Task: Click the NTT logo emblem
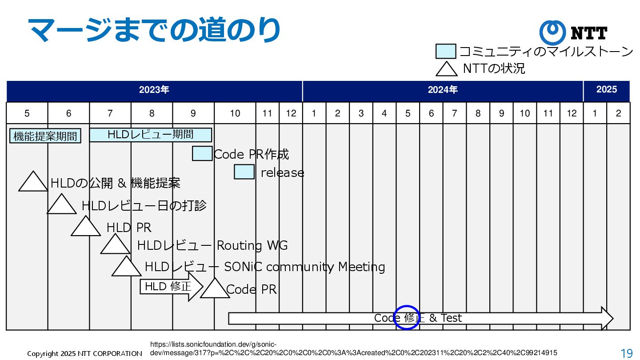pos(552,32)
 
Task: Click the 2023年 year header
pos(154,90)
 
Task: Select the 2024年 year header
pos(443,90)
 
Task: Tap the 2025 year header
pos(606,90)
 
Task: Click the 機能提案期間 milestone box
pos(45,136)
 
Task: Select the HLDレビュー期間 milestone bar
pos(150,135)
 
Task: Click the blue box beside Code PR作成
pos(202,153)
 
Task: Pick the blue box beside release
pos(244,172)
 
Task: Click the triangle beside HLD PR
pos(86,228)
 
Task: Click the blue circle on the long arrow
pos(407,318)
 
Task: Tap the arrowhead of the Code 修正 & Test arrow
pos(608,318)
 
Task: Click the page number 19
pos(627,353)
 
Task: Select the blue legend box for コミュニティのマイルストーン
pos(446,52)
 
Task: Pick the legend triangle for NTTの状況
pos(446,69)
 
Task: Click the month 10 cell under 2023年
pos(235,113)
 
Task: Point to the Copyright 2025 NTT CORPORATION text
pos(84,354)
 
